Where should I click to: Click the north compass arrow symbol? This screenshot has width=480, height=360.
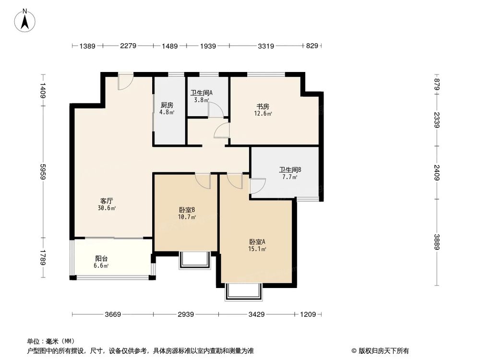[x=25, y=21]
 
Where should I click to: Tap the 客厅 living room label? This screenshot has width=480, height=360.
[x=107, y=201]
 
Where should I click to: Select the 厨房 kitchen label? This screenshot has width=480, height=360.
[x=167, y=106]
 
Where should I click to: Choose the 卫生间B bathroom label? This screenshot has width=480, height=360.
[x=290, y=169]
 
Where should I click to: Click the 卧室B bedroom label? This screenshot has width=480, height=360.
[x=187, y=210]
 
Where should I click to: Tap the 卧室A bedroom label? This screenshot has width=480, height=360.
[x=257, y=241]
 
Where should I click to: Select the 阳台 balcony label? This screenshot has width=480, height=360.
[x=101, y=258]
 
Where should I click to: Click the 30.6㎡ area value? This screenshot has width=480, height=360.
[x=107, y=208]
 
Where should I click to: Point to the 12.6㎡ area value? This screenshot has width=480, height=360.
[x=263, y=114]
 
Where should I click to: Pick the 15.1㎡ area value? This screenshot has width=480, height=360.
[x=257, y=249]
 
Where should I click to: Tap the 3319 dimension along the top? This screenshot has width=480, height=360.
[x=265, y=46]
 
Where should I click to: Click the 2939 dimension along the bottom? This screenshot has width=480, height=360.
[x=185, y=315]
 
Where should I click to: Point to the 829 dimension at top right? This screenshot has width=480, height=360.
[x=312, y=46]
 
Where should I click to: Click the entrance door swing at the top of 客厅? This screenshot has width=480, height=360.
[x=126, y=82]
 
